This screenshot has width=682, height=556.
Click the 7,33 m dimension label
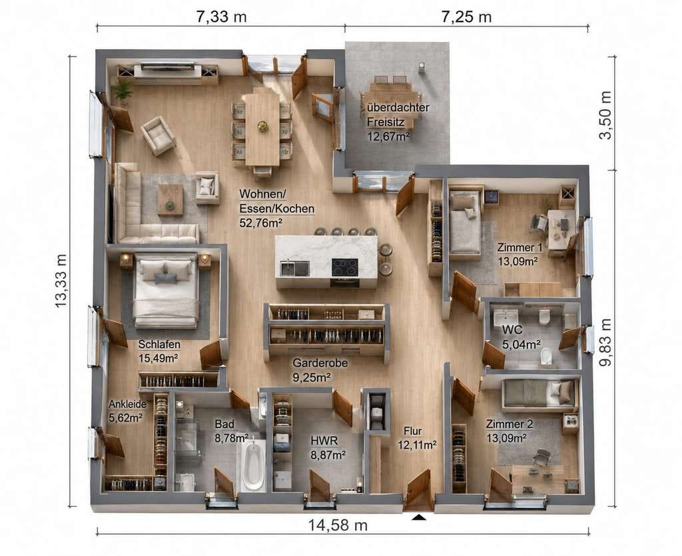pos(221,17)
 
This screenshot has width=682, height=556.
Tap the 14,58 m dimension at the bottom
pos(338,525)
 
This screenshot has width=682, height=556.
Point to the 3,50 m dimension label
pos(605,115)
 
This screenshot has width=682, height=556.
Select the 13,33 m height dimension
pos(61,281)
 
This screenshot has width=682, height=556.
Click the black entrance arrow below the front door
pos(419,517)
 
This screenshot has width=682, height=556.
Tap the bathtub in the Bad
pos(252,465)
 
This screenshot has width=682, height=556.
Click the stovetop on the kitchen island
pos(345,268)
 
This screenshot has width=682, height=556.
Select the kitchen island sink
pos(295,268)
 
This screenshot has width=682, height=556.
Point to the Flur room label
pos(413,431)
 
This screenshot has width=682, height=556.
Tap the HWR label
pos(324,440)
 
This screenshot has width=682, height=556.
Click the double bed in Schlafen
pos(166,290)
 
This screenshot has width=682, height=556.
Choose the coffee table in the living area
pos(170,200)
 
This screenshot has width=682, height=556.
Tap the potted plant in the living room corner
pos(123,91)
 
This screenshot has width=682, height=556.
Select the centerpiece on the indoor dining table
pos(262,126)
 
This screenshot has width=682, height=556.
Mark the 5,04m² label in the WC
pos(522,344)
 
